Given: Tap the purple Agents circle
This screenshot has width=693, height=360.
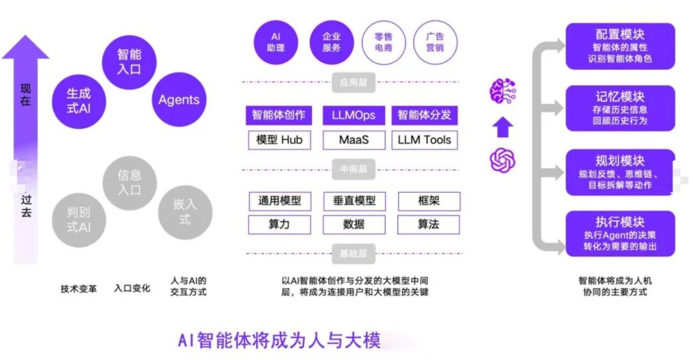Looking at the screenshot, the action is click(179, 100).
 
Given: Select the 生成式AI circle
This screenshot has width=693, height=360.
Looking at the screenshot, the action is click(78, 100).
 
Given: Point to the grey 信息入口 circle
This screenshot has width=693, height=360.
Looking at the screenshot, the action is click(130, 182).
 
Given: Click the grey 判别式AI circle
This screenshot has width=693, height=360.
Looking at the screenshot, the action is click(78, 219).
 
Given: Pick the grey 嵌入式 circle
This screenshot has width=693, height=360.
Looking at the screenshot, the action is click(185, 211).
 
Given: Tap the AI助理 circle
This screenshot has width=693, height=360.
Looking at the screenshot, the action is click(276, 42).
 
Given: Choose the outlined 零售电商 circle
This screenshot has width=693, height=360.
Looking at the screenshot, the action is click(384, 42).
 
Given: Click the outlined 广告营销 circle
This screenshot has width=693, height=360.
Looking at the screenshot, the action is click(435, 42).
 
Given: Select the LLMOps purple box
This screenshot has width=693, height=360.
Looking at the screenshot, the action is click(354, 116).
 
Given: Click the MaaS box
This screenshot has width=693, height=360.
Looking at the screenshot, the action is click(354, 140).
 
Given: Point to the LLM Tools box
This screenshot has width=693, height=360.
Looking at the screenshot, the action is click(425, 140).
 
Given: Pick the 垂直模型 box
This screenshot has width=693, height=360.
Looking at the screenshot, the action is click(354, 201).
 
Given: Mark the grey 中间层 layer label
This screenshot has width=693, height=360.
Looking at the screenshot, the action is click(354, 171).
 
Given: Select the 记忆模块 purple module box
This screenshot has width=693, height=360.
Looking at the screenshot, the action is click(620, 108).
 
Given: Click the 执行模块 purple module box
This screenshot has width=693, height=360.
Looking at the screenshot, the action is click(620, 234).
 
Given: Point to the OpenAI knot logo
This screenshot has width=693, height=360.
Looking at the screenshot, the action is click(503, 160).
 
